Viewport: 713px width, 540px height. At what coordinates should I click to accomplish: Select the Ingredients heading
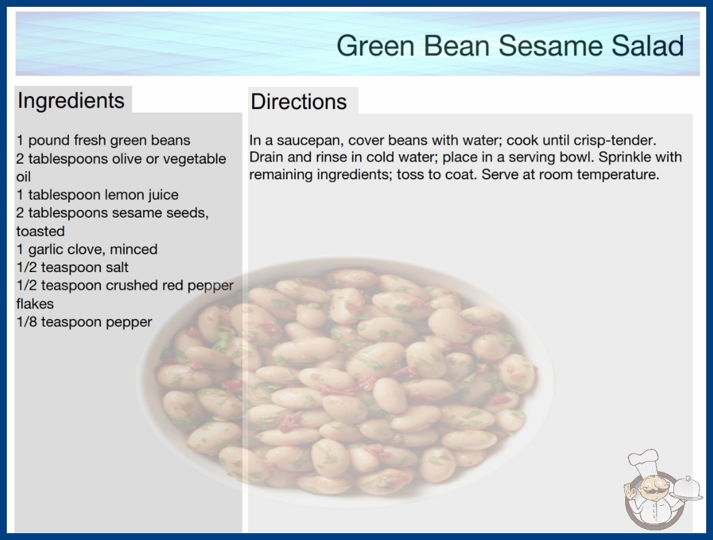point(71,100)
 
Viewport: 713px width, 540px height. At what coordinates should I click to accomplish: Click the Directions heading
point(299,102)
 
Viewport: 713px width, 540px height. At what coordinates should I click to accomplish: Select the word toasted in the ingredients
point(40,231)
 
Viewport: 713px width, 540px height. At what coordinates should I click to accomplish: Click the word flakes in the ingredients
point(35,303)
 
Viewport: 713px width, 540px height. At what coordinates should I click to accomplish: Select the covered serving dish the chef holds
point(687,488)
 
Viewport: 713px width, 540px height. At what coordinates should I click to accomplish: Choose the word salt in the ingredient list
point(117,267)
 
